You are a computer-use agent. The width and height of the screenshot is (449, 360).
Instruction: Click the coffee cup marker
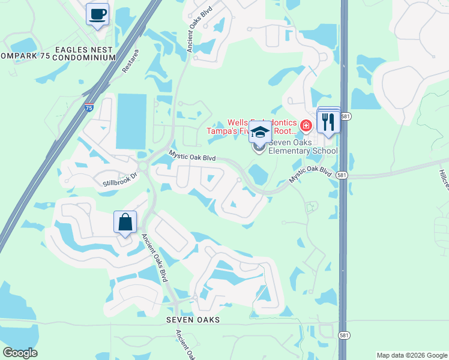(97, 14)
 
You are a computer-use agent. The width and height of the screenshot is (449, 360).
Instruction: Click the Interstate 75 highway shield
(89, 108)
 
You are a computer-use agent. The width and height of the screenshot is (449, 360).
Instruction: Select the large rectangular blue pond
(131, 121)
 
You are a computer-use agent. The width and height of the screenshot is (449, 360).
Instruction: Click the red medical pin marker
(306, 125)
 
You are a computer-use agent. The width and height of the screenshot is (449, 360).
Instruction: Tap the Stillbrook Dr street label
(120, 179)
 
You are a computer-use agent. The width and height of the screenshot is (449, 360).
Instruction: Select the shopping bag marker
(125, 222)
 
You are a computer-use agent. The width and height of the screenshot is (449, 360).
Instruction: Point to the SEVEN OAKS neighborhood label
(193, 320)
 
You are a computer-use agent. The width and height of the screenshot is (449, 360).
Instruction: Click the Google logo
(20, 353)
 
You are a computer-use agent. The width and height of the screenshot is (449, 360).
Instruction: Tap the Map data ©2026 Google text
(412, 355)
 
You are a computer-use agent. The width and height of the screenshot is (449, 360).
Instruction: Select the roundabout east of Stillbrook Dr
(143, 166)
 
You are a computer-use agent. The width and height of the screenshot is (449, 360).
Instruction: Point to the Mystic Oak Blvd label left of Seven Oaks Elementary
(192, 157)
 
